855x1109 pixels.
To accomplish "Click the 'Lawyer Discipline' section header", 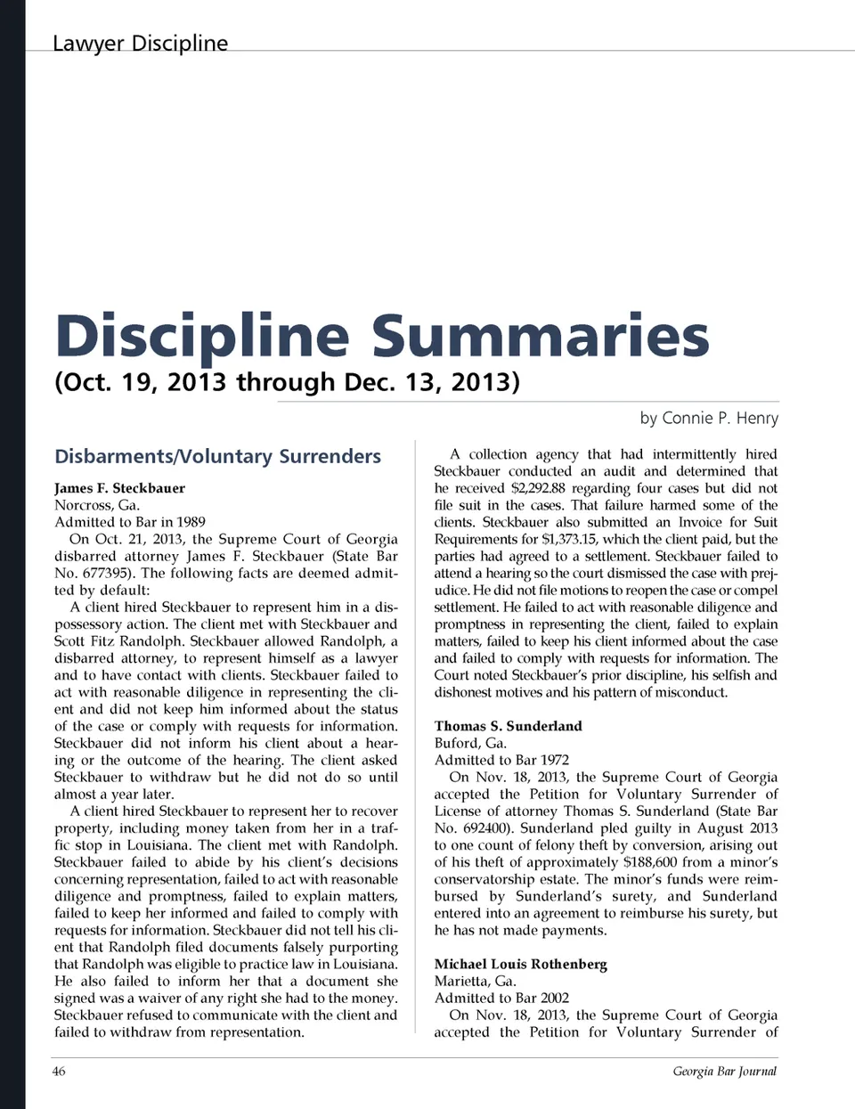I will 140,43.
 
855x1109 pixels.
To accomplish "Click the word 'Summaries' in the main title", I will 540,336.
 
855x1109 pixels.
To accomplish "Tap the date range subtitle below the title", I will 287,382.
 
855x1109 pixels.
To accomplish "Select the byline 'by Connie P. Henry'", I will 708,418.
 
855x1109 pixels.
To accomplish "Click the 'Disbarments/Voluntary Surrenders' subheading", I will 217,456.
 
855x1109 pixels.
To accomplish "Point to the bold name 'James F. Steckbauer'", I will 119,488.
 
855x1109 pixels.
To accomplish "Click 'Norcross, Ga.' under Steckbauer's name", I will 97,505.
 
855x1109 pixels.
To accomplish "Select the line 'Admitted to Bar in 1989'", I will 130,522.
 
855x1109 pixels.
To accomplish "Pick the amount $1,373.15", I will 569,539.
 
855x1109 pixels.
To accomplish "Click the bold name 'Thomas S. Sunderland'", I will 508,726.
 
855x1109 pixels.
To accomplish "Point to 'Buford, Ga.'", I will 470,743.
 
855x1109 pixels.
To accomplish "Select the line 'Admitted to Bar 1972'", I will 501,760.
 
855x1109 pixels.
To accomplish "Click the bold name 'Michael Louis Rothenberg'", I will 520,964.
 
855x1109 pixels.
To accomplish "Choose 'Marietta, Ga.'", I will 475,981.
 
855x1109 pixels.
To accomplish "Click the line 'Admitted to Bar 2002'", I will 501,998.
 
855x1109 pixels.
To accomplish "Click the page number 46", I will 59,1071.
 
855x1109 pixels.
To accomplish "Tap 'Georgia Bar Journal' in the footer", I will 724,1071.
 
